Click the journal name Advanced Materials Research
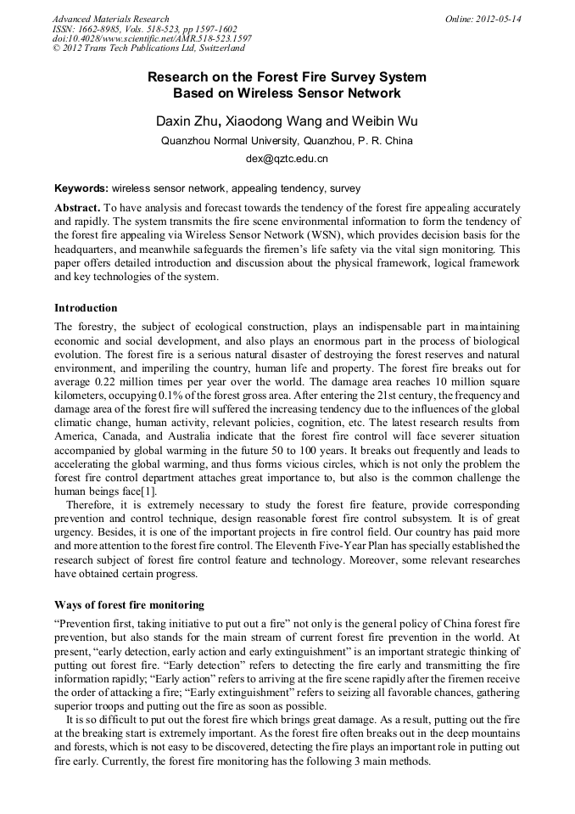[110, 19]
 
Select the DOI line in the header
[152, 39]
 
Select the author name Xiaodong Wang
[273, 121]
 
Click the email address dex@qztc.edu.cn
[287, 159]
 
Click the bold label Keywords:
[81, 188]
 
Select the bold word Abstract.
[78, 208]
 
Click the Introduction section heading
[86, 308]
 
